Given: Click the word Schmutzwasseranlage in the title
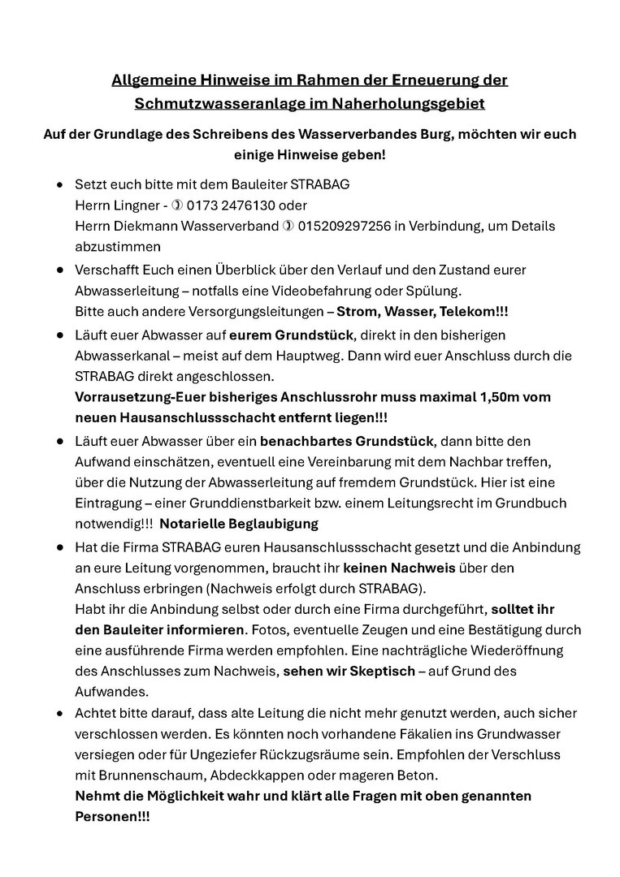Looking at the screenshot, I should (215, 104).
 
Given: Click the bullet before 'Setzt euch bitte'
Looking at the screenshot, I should (59, 185).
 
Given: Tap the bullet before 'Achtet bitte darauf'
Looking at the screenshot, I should (59, 714).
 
